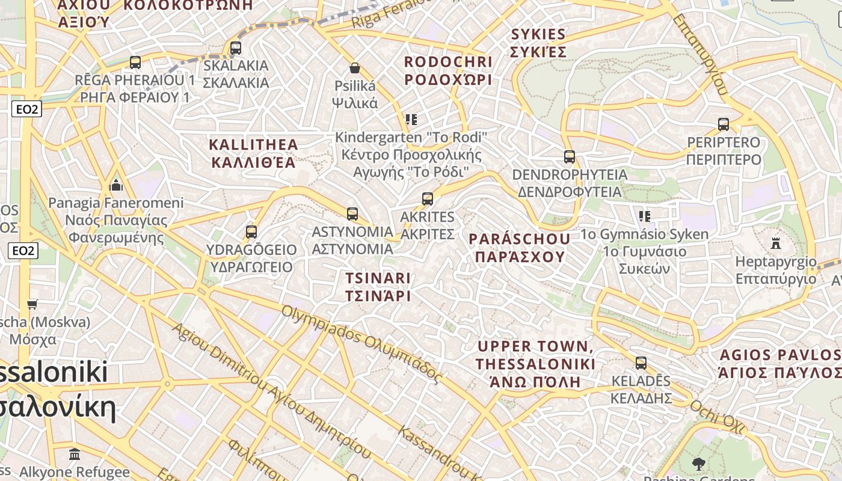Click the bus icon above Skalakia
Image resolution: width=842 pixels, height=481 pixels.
(x=236, y=48)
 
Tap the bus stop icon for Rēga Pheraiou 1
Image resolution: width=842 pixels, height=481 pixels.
(x=135, y=62)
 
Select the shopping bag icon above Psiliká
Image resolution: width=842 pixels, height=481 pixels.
(x=355, y=68)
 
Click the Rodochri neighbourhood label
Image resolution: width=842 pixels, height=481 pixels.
(x=448, y=70)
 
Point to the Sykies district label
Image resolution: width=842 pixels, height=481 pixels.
(x=538, y=42)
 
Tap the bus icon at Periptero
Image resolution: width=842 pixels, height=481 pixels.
(x=724, y=124)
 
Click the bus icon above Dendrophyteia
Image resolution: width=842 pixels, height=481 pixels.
(x=570, y=157)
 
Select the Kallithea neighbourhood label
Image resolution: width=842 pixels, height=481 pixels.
(x=253, y=153)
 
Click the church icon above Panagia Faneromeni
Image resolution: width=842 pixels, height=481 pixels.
(x=116, y=185)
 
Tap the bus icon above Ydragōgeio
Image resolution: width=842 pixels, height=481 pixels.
(x=251, y=231)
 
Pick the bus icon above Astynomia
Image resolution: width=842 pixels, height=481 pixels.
(x=352, y=213)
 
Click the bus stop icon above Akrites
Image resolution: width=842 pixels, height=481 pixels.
(x=428, y=198)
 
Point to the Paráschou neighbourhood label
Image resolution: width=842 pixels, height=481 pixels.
(x=520, y=248)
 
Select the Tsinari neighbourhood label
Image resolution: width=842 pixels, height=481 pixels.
(x=378, y=287)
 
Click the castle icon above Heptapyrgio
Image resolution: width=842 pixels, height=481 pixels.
(x=776, y=244)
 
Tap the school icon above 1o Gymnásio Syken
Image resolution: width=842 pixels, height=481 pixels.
(x=645, y=216)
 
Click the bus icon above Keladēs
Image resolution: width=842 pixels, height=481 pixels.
(x=641, y=363)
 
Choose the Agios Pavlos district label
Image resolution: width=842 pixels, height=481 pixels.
(x=780, y=363)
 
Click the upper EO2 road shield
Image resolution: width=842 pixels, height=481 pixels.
(x=26, y=109)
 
